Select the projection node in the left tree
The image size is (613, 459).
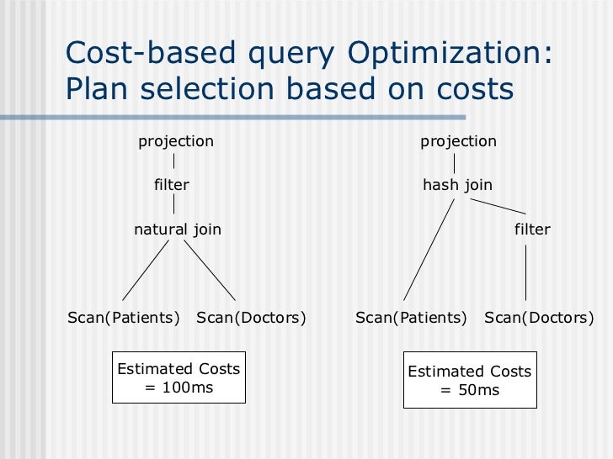click(175, 141)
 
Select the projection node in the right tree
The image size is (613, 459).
click(458, 141)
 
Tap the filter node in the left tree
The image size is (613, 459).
click(172, 185)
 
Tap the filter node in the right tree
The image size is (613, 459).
click(532, 229)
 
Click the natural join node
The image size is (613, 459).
click(178, 229)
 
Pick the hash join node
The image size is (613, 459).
click(457, 185)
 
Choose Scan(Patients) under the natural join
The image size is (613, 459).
click(124, 318)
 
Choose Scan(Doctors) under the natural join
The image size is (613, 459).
click(251, 318)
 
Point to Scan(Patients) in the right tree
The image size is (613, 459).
click(411, 318)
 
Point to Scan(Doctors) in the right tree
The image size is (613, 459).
click(539, 318)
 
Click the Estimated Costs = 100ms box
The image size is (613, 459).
click(179, 377)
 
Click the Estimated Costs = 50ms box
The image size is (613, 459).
click(469, 379)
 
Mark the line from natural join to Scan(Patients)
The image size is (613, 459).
click(147, 270)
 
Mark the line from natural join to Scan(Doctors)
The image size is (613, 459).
click(208, 270)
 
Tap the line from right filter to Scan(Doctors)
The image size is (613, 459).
click(526, 272)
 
